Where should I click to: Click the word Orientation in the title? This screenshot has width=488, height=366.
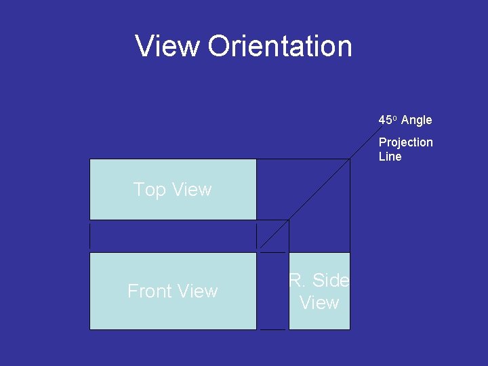tap(280, 46)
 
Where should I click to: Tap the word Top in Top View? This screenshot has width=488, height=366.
tap(149, 190)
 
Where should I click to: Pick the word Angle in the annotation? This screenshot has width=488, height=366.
tap(416, 121)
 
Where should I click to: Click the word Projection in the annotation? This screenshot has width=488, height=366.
tap(405, 142)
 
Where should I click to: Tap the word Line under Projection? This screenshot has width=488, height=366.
tap(390, 157)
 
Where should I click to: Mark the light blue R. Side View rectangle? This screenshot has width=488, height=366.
tap(319, 319)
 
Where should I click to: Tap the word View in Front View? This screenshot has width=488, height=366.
tap(197, 291)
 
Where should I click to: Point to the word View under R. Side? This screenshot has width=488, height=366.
tap(319, 303)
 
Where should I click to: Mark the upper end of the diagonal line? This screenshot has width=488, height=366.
tap(350, 159)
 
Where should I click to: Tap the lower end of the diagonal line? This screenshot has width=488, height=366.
tap(261, 248)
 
